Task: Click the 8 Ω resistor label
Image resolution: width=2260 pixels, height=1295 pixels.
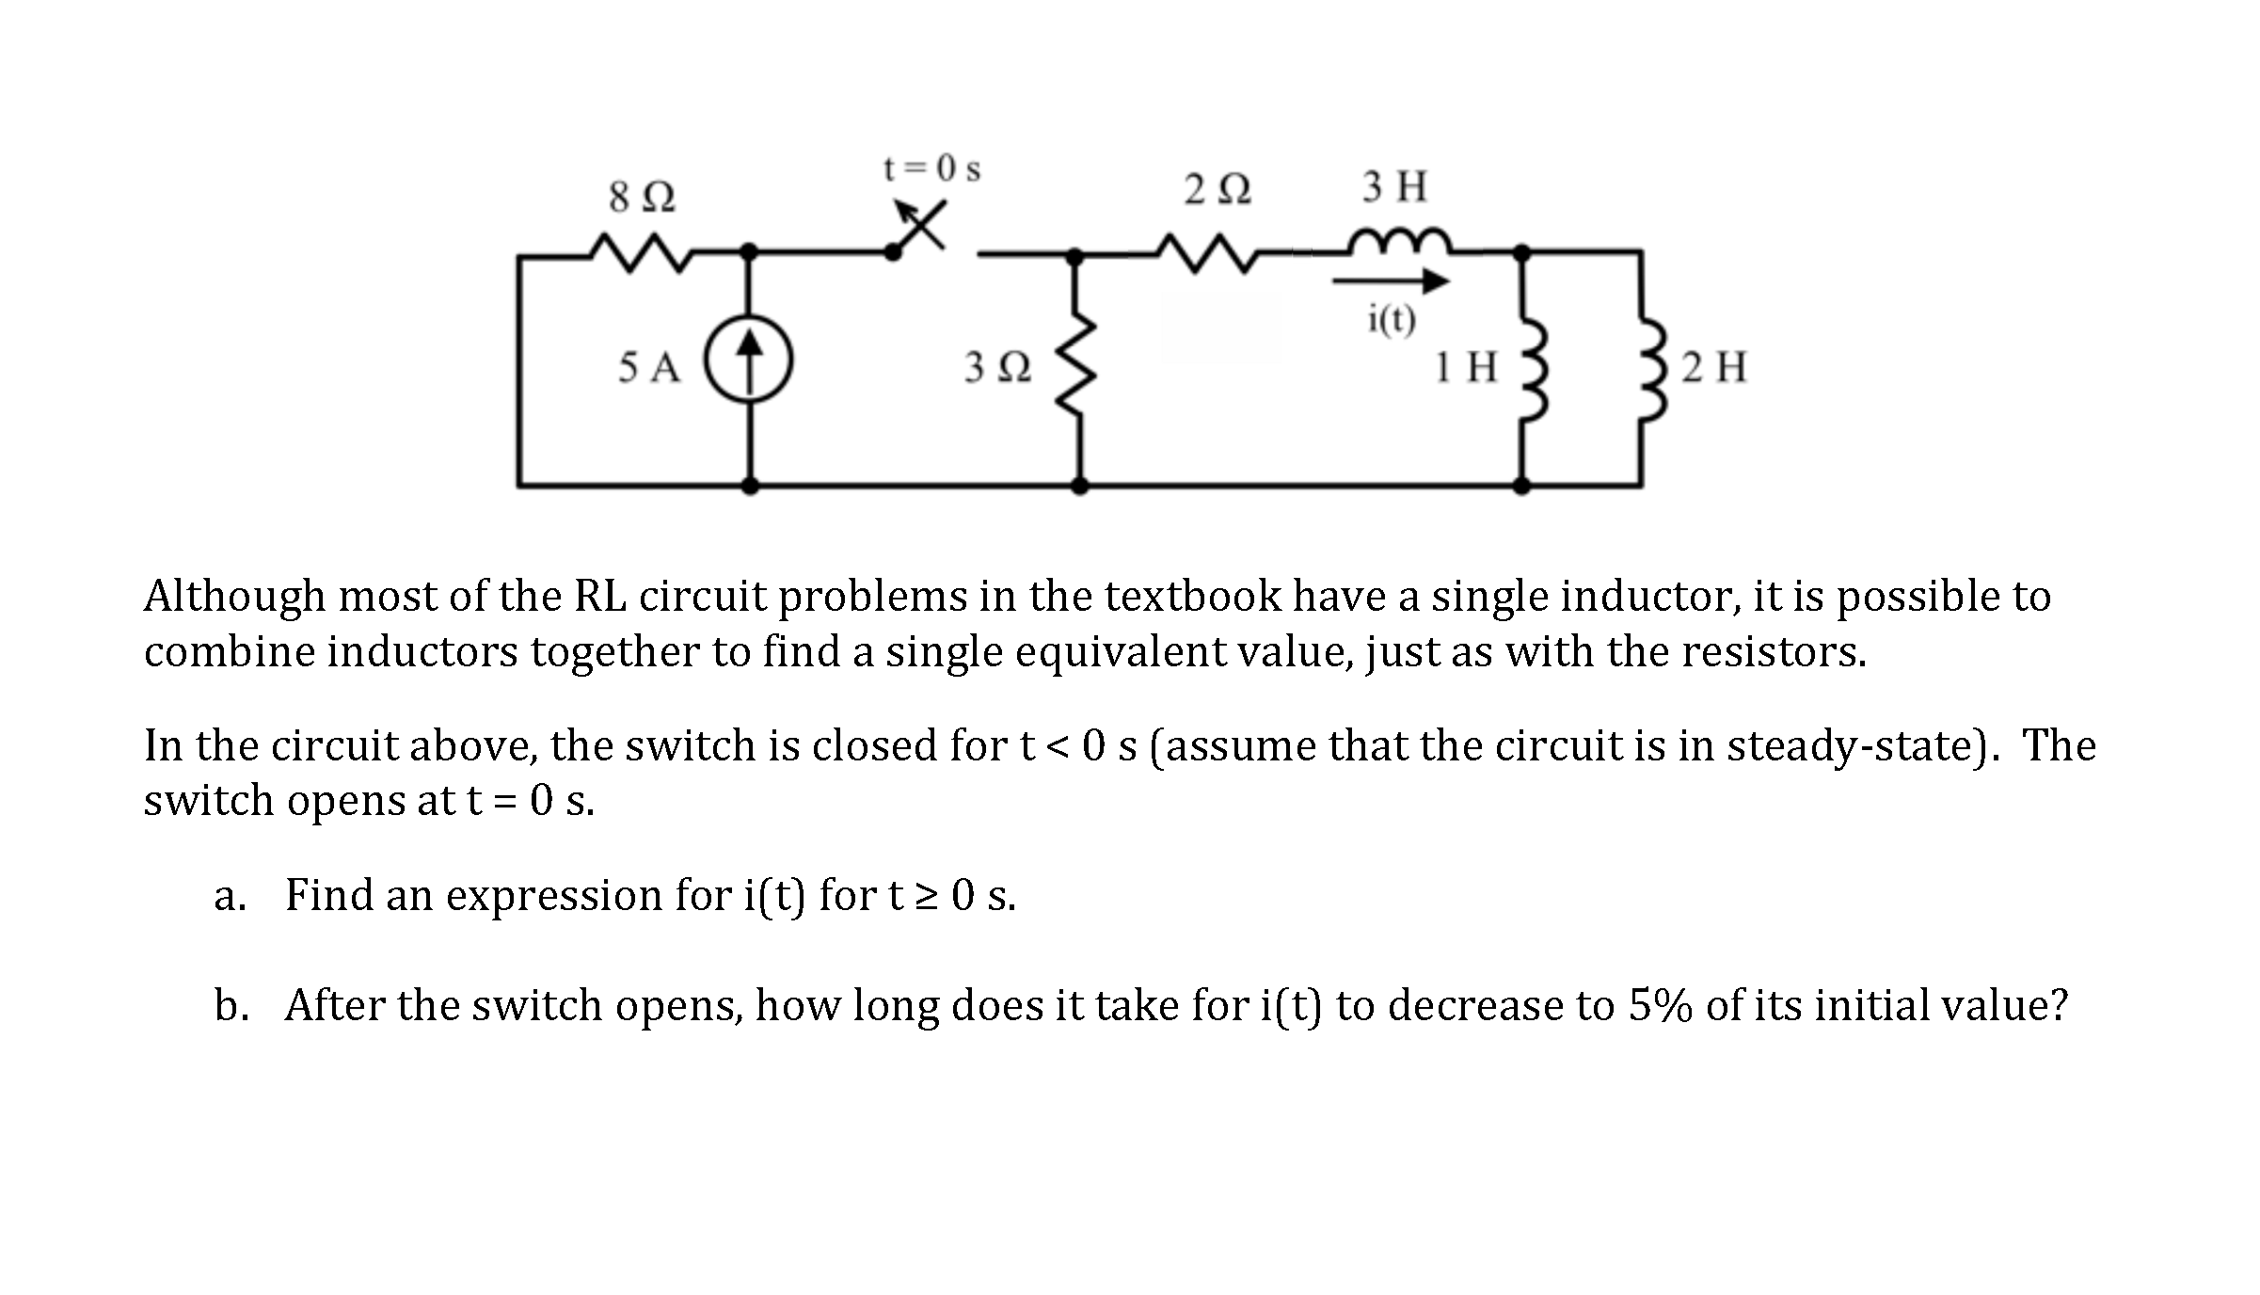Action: tap(642, 198)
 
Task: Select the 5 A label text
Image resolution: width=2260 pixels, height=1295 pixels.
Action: tap(649, 367)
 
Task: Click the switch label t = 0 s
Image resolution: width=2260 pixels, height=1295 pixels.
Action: tap(931, 169)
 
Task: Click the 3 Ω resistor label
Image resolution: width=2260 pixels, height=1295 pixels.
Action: tap(997, 367)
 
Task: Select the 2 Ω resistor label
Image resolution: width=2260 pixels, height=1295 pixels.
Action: tap(1218, 190)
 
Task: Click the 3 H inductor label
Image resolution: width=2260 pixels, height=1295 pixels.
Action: tap(1394, 186)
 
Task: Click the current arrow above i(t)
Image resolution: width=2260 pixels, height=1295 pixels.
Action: tap(1391, 280)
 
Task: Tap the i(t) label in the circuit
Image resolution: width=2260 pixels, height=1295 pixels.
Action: tap(1391, 320)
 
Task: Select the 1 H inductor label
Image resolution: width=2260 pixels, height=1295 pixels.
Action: tap(1466, 367)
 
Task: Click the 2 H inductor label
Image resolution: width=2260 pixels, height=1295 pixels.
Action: tap(1714, 367)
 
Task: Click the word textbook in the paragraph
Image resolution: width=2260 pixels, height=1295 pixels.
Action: tap(1192, 596)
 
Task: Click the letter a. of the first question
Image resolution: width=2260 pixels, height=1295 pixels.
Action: tap(230, 895)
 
